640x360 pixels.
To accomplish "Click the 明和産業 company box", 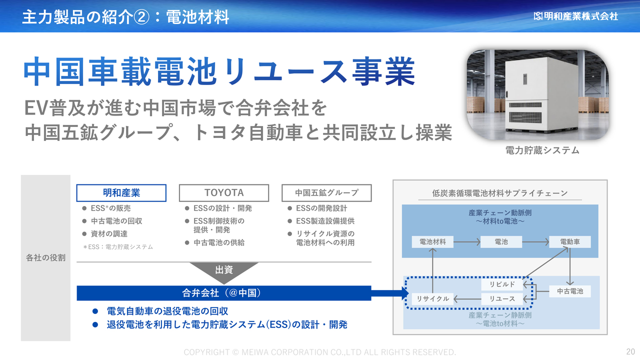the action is pyautogui.click(x=121, y=193).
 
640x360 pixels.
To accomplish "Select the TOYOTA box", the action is pyautogui.click(x=223, y=193).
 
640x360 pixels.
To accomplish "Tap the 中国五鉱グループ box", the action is pyautogui.click(x=326, y=193).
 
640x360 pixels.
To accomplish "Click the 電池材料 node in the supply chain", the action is pyautogui.click(x=432, y=242).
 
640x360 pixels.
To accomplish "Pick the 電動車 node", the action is pyautogui.click(x=569, y=242).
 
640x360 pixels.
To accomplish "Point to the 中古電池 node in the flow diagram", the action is pyautogui.click(x=569, y=291).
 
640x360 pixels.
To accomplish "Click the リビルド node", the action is pyautogui.click(x=502, y=284).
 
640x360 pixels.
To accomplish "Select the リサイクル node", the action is pyautogui.click(x=432, y=299).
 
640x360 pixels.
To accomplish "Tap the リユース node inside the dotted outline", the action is pyautogui.click(x=502, y=299).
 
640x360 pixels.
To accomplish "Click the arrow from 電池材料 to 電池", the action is pyautogui.click(x=467, y=242).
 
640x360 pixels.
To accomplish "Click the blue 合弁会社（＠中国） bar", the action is pyautogui.click(x=223, y=293).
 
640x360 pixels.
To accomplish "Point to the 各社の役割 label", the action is pyautogui.click(x=45, y=257).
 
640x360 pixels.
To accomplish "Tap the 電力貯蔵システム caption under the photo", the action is pyautogui.click(x=542, y=150).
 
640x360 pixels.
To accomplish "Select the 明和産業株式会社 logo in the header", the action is pyautogui.click(x=575, y=16).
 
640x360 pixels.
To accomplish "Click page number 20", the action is pyautogui.click(x=630, y=351).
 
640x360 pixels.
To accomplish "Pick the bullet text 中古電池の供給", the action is pyautogui.click(x=219, y=242).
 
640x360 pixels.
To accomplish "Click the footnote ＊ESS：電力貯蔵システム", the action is pyautogui.click(x=117, y=247).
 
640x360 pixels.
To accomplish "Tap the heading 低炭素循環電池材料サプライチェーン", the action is pyautogui.click(x=499, y=193).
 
